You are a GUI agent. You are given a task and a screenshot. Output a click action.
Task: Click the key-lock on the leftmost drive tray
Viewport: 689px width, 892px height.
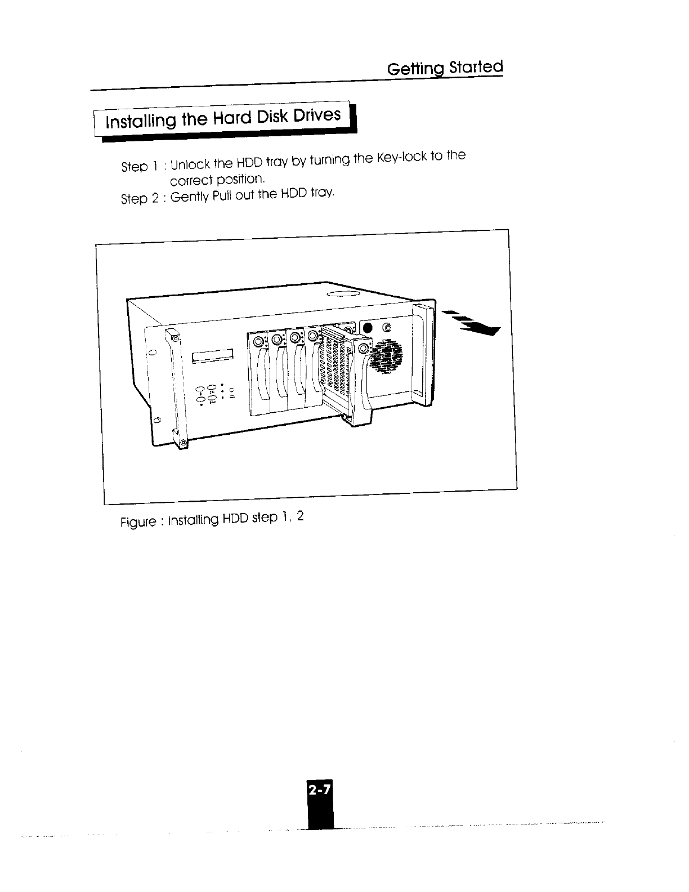260,342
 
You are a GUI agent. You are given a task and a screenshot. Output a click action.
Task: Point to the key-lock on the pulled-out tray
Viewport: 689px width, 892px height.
363,350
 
